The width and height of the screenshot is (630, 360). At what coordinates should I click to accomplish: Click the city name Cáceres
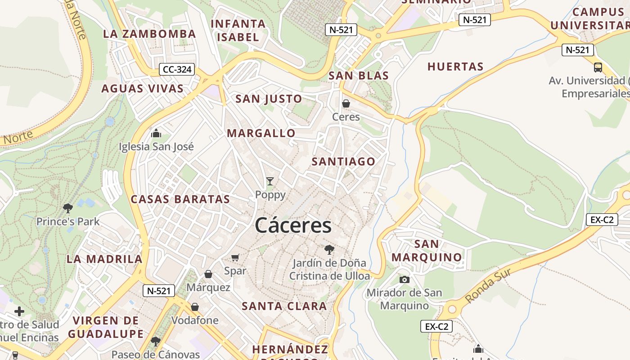293,225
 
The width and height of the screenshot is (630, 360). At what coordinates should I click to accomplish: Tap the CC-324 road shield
177,69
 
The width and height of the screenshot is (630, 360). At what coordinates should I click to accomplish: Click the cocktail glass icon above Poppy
270,181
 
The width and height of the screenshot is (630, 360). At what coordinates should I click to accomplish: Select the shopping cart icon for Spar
235,257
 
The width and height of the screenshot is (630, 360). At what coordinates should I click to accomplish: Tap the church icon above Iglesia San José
156,133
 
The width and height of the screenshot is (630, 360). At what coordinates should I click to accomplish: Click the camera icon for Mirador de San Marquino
404,279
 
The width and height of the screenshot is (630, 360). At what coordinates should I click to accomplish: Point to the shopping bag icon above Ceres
346,103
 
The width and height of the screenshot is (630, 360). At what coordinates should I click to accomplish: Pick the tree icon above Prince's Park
68,208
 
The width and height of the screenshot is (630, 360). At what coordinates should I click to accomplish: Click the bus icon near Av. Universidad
598,67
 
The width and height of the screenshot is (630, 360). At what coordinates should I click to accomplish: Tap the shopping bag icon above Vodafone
194,307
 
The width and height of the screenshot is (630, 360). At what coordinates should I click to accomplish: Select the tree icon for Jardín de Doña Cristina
329,249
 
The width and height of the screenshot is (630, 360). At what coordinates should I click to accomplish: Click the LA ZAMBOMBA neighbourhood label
149,34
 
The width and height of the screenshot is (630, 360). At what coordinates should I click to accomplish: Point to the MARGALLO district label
261,133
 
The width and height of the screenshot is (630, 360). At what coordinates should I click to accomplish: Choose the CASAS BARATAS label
180,199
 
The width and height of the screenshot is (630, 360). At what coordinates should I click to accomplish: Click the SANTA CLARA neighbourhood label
284,306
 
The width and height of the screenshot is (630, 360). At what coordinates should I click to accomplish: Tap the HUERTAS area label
455,67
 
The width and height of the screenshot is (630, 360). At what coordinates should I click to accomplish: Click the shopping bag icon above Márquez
208,274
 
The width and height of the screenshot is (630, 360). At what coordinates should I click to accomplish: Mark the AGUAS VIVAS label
142,88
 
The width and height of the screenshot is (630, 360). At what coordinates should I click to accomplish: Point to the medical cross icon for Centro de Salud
19,311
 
